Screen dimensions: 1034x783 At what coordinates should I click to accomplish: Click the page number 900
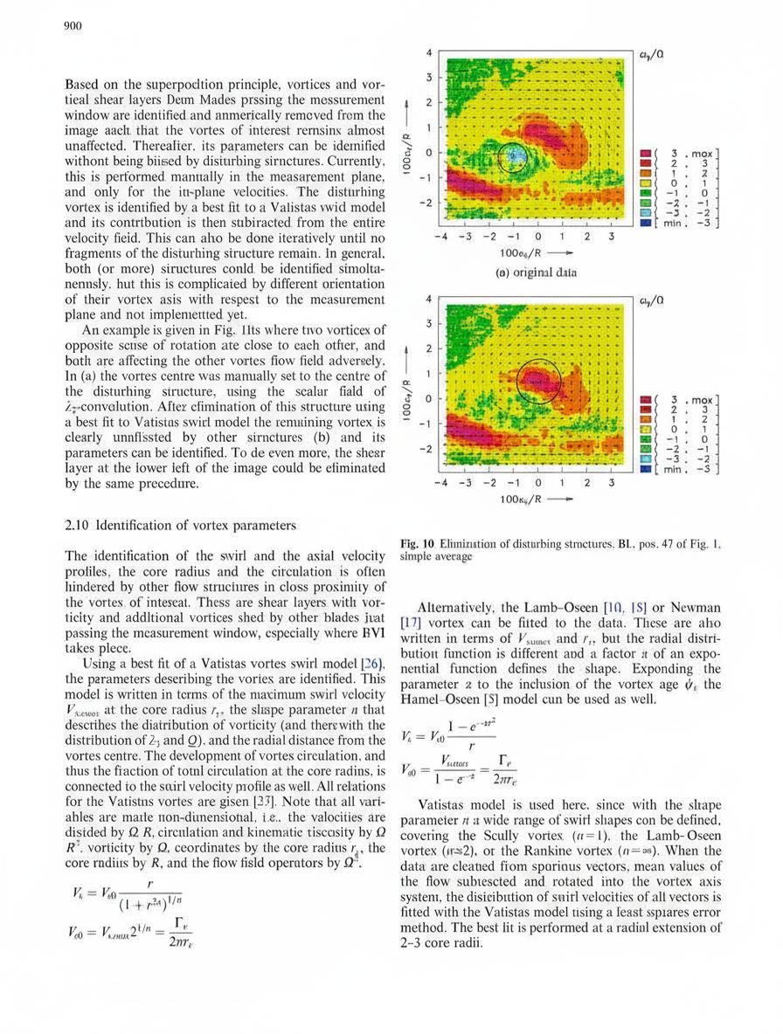73,26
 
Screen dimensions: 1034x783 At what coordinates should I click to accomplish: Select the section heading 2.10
81,526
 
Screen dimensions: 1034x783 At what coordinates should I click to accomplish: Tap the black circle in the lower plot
538,381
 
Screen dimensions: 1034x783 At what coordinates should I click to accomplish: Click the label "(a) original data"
536,272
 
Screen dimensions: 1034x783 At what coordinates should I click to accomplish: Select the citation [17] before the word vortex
411,624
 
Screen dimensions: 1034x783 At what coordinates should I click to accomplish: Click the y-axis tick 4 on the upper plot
429,52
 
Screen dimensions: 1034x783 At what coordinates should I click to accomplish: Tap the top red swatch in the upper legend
648,155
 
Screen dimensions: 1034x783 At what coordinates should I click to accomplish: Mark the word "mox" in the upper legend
703,155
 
